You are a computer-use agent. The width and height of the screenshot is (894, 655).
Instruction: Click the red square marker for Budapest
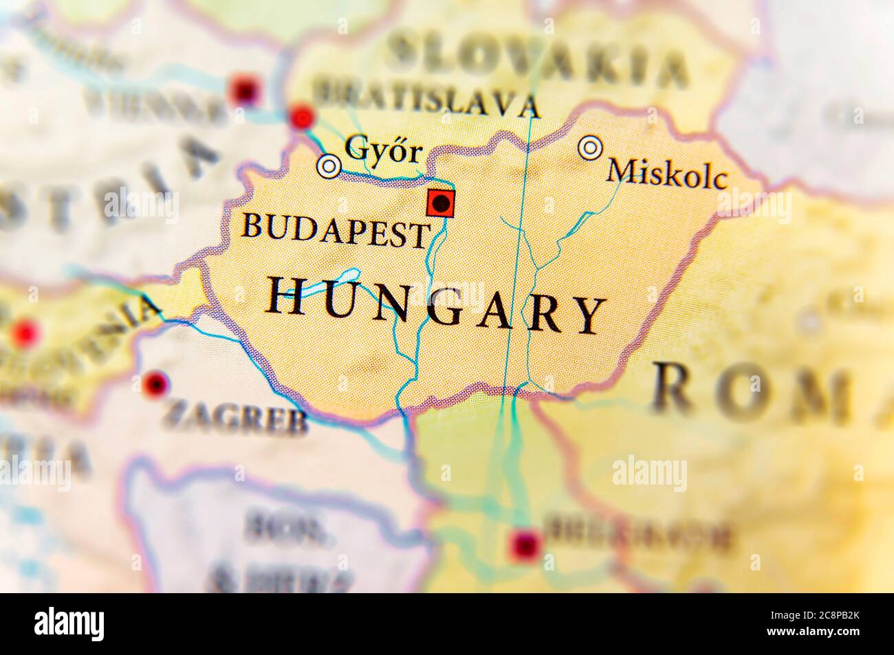tap(440, 203)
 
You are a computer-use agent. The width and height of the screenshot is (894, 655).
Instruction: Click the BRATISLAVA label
tap(425, 99)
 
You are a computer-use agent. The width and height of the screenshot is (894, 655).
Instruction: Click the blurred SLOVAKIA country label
tap(536, 60)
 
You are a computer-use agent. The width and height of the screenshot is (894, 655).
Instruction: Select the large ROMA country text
tap(770, 392)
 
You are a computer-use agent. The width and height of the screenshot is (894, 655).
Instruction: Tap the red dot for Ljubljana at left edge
tap(25, 333)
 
